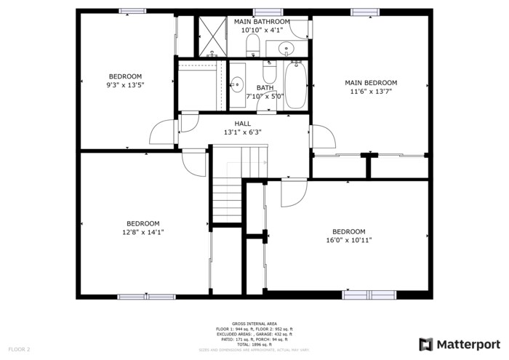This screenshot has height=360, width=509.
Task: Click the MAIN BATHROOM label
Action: click(262, 22)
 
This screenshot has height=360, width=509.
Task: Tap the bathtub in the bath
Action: click(295, 86)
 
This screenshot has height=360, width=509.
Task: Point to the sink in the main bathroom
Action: click(286, 49)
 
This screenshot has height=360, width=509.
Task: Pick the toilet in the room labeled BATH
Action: click(269, 71)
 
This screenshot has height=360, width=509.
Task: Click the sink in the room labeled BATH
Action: click(236, 84)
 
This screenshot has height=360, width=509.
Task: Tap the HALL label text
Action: click(242, 124)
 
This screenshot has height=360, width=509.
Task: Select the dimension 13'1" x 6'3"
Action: click(242, 132)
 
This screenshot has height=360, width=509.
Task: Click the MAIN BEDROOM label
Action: click(371, 83)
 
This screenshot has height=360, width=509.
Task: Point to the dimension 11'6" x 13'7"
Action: click(371, 92)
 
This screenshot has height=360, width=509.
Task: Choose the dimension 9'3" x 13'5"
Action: click(125, 85)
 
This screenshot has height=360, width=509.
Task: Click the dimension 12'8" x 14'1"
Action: click(143, 233)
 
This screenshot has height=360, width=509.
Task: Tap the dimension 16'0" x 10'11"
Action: click(345, 240)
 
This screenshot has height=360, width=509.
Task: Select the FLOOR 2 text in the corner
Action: click(19, 350)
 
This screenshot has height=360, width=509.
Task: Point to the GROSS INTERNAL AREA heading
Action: click(254, 323)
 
